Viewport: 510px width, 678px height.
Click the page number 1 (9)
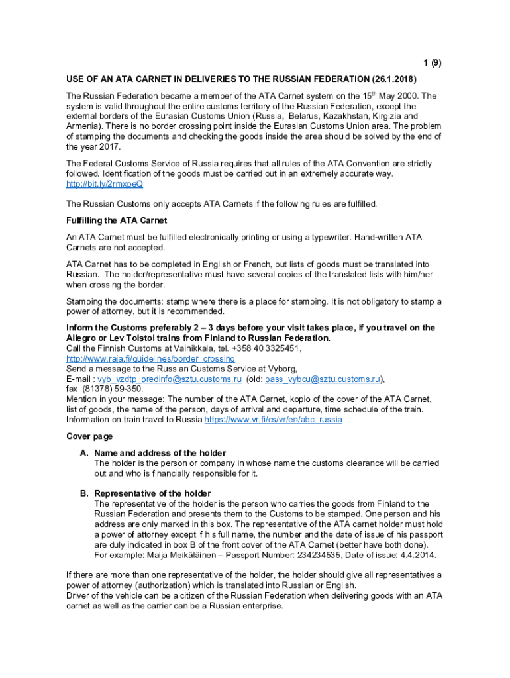[x=432, y=63]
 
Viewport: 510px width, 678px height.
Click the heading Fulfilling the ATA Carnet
[x=117, y=220]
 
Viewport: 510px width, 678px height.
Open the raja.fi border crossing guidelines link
[x=150, y=359]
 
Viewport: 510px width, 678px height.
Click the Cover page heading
[x=89, y=436]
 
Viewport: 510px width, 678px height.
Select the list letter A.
[x=84, y=453]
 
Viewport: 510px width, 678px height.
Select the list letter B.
[x=84, y=493]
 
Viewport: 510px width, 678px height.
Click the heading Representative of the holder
[x=152, y=493]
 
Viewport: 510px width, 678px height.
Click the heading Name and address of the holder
[x=160, y=453]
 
